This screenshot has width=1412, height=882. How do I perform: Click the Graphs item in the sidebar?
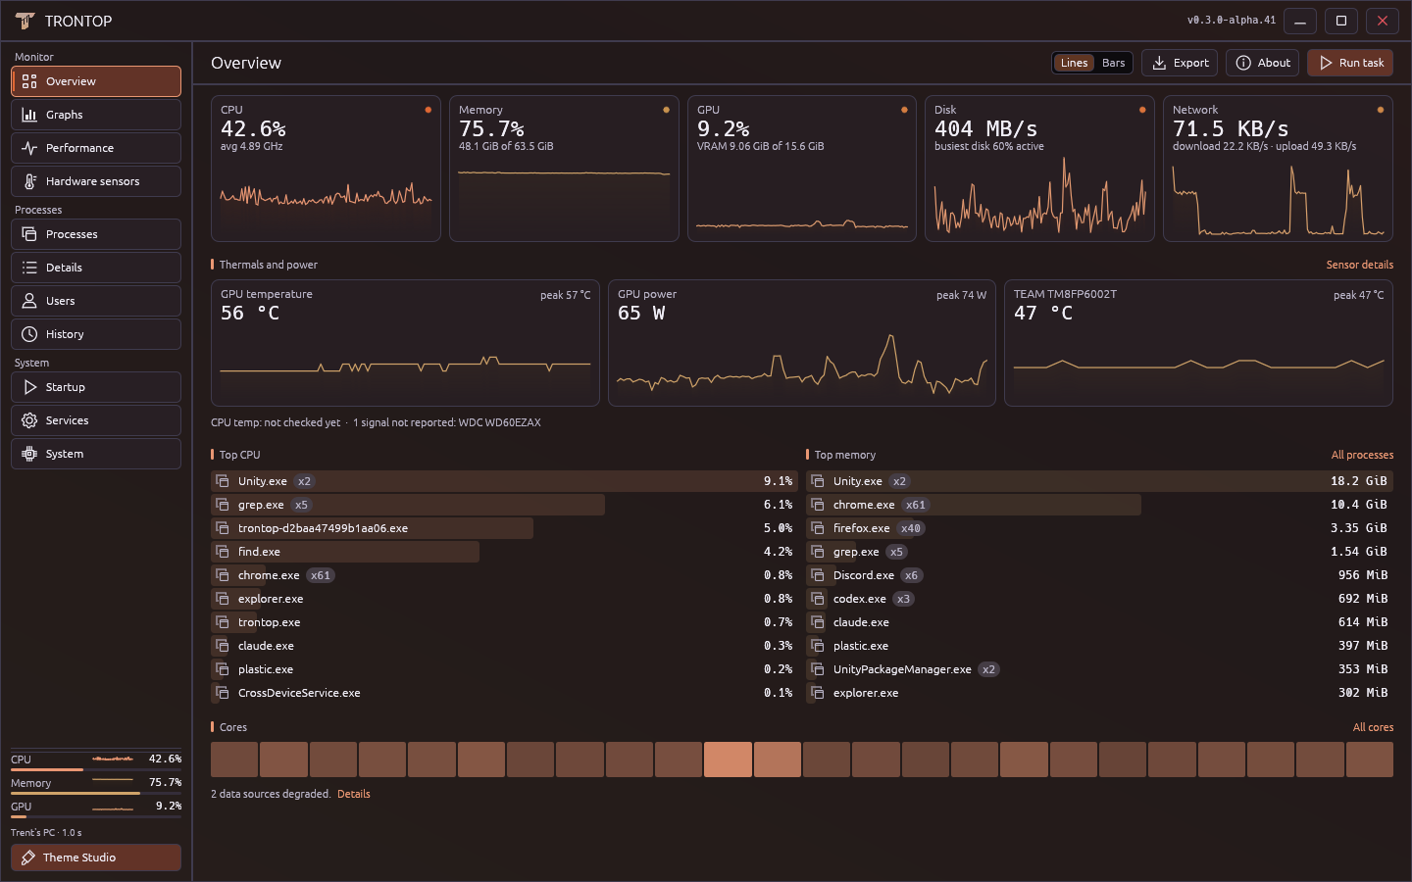[x=96, y=115]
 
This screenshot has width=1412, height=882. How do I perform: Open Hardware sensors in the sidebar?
[x=96, y=181]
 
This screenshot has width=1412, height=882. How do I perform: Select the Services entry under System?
[x=96, y=420]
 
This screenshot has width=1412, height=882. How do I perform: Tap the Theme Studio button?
[x=96, y=857]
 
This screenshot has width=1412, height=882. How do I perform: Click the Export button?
[x=1180, y=63]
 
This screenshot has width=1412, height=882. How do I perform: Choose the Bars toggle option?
[x=1113, y=63]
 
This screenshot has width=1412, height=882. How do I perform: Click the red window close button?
[x=1383, y=21]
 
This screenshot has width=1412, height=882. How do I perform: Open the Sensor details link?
[x=1360, y=265]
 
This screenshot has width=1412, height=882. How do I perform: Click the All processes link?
[x=1362, y=455]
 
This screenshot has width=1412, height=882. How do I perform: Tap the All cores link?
[x=1373, y=727]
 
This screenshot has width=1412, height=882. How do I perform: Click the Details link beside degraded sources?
[x=354, y=794]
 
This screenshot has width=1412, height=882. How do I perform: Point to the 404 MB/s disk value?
[x=985, y=129]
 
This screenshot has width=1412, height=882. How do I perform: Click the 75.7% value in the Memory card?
[x=491, y=129]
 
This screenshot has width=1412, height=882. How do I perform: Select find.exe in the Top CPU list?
[x=259, y=552]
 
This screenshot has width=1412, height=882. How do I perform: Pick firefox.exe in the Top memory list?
[x=861, y=528]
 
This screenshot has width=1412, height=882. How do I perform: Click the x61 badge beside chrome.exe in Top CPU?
[x=321, y=575]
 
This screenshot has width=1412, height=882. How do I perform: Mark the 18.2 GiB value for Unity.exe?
[x=1358, y=480]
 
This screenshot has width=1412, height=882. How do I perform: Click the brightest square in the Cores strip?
[x=728, y=759]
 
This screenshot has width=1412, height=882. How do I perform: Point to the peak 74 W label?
[x=961, y=295]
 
